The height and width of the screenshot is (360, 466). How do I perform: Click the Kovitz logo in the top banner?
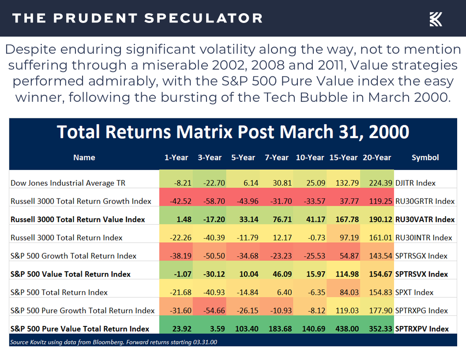pos(436,19)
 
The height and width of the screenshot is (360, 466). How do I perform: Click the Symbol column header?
pos(425,157)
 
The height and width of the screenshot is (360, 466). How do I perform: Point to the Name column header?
pos(84,157)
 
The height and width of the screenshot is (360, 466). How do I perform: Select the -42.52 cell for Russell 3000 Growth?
pos(180,201)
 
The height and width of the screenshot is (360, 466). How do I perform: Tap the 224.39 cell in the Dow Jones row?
pos(378,183)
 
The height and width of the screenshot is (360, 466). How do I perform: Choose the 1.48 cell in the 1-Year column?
pos(184,219)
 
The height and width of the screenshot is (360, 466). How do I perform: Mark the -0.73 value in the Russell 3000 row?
pos(316,238)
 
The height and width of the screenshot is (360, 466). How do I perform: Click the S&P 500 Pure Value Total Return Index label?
pos(80,329)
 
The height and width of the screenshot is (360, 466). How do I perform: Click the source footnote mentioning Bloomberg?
pos(113,341)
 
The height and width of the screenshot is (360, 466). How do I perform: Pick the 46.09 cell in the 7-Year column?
pos(279,274)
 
